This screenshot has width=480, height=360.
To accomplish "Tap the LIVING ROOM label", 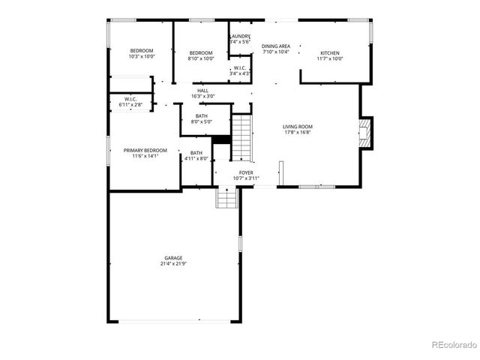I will pyautogui.click(x=297, y=127).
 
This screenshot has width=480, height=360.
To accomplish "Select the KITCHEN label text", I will pyautogui.click(x=330, y=53).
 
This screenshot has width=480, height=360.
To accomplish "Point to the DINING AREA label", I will pyautogui.click(x=276, y=46).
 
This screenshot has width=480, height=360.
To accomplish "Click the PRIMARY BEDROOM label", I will pyautogui.click(x=145, y=150).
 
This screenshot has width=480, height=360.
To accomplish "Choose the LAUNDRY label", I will pyautogui.click(x=240, y=36).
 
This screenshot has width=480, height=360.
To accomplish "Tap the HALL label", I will pyautogui.click(x=203, y=91).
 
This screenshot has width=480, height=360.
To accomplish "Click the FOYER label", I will pyautogui.click(x=246, y=172).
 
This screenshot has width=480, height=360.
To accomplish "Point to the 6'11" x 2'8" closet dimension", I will pyautogui.click(x=130, y=105).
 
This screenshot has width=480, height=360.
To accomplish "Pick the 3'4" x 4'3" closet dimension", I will pyautogui.click(x=241, y=73).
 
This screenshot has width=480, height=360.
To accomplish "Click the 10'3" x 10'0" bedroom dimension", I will pyautogui.click(x=142, y=56).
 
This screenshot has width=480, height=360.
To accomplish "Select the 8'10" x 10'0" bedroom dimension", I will pyautogui.click(x=201, y=58).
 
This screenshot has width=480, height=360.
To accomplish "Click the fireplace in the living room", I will pyautogui.click(x=364, y=133).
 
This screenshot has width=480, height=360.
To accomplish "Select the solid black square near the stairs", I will pyautogui.click(x=221, y=139).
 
